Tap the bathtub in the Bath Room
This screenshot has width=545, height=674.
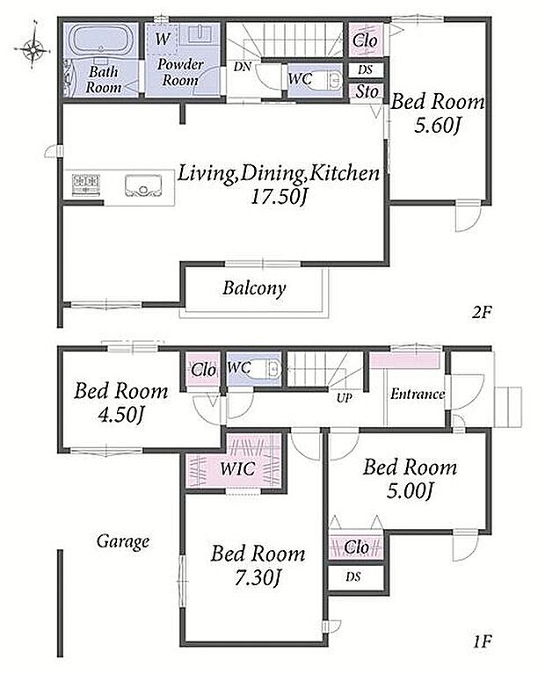101,40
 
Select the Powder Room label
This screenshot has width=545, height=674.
180,72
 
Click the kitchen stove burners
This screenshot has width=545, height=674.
85,185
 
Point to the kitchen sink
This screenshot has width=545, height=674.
143,185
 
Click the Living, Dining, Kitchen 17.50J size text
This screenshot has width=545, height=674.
279,198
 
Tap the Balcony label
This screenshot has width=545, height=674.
254,288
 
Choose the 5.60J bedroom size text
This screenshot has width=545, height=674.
438,126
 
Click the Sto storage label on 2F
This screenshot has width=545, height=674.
367,91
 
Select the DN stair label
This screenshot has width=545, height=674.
243,67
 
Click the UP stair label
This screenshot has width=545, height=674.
344,398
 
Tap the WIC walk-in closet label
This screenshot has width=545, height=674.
237,468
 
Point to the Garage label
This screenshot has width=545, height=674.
122,541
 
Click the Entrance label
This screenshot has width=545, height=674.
417,395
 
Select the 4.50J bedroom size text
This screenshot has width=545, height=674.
120,415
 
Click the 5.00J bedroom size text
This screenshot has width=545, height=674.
409,491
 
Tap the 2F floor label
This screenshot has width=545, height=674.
481,313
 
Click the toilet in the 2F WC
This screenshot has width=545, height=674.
321,79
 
